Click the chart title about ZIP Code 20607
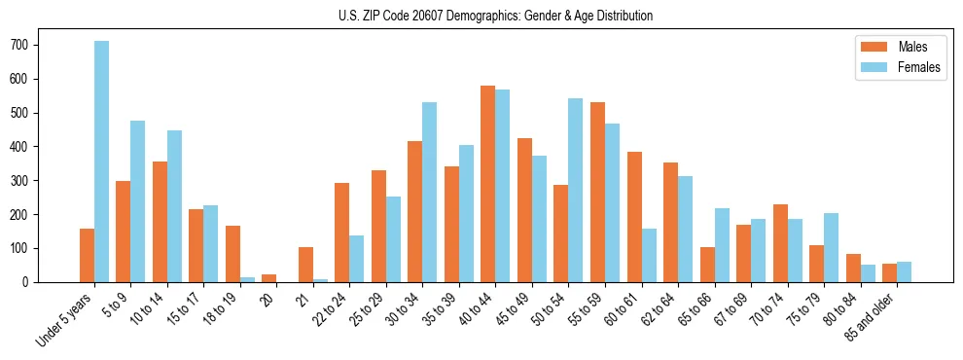481,16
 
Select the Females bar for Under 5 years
101,162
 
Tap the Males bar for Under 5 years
87,255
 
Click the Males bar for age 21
305,265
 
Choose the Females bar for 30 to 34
430,192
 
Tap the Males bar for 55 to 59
597,192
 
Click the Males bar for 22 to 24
342,233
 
